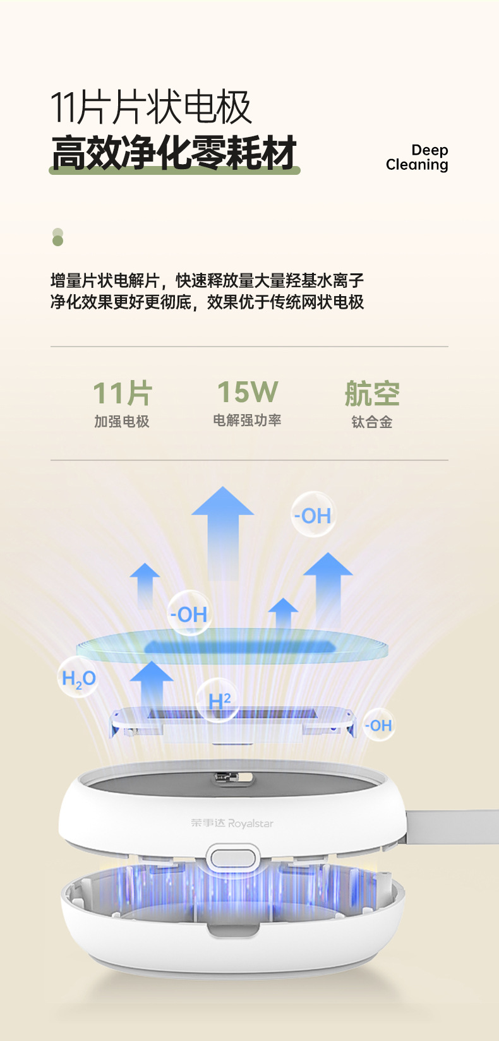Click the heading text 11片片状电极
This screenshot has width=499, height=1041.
pos(151,108)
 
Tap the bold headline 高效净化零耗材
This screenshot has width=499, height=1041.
pos(174,153)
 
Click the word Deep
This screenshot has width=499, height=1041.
pos(430,150)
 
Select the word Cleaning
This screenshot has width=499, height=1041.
pos(417,165)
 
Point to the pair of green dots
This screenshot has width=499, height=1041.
pos(58,237)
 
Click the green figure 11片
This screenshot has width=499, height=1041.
pos(123,393)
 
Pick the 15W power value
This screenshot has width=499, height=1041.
pos(248,392)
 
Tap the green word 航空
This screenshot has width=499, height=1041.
pos(372,394)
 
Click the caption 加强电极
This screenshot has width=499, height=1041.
pos(122,422)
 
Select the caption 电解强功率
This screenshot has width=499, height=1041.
pos(247,420)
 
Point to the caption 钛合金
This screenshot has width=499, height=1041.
pos(372,422)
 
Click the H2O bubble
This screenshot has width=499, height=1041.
pos(78,678)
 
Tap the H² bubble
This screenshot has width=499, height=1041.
pos(219,700)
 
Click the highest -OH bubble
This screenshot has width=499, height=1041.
pos(313,515)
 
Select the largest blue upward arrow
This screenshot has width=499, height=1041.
pos(223,530)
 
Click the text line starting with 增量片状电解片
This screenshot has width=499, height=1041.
pos(207,280)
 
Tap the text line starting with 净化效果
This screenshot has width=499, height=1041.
pos(207,302)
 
